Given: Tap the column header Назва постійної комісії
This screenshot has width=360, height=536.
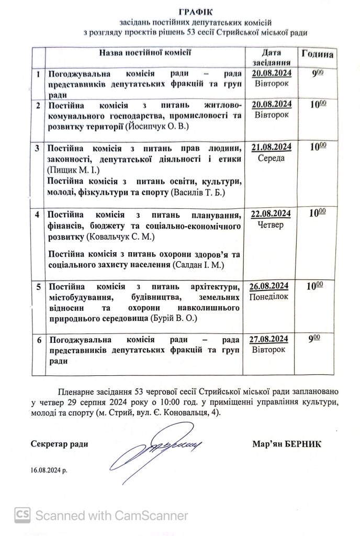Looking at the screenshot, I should click(x=145, y=52).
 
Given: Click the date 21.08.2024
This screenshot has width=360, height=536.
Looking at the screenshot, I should click(x=271, y=147).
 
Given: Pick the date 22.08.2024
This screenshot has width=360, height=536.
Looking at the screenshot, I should click(x=271, y=214).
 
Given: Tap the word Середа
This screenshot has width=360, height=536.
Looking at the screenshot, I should click(x=271, y=158).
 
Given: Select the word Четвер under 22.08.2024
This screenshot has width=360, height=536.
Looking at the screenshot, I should click(x=271, y=225).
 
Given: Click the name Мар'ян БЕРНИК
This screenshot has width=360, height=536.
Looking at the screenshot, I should click(x=286, y=444).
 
